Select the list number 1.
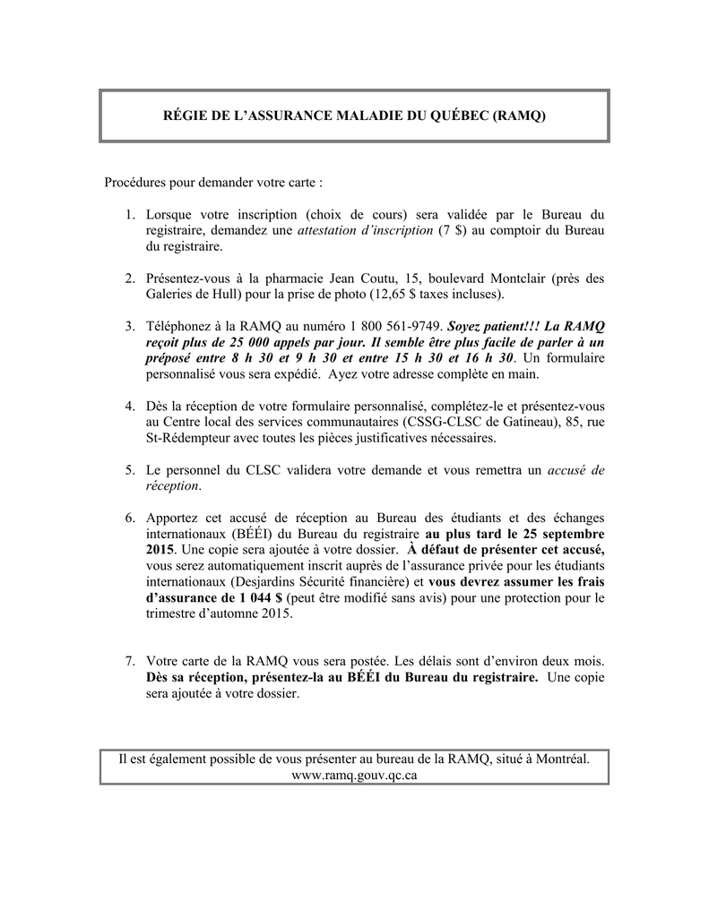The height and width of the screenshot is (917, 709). [129, 215]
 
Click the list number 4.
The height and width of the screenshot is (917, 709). [129, 407]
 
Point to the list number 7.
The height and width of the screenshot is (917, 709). [129, 661]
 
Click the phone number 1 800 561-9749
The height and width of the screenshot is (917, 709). [404, 327]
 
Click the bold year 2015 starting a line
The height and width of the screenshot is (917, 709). [160, 548]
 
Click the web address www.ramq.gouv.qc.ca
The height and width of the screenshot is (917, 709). [354, 775]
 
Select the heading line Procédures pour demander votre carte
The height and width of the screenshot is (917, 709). [213, 182]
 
